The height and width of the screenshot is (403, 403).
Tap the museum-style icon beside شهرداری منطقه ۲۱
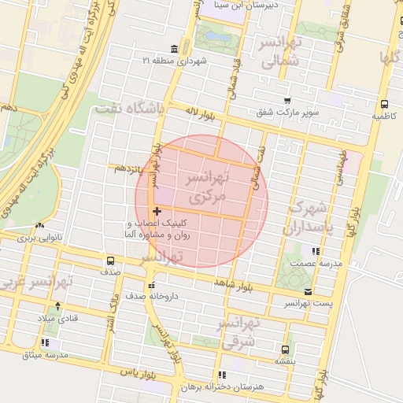[173, 49]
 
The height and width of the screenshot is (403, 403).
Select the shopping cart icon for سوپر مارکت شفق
[287, 101]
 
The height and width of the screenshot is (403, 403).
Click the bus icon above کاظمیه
[384, 104]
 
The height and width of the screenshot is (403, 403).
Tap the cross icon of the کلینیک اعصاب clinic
[157, 211]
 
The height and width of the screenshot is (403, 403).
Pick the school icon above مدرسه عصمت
[316, 251]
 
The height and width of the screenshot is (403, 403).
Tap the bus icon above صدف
[109, 260]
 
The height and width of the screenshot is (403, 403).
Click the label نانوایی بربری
[39, 237]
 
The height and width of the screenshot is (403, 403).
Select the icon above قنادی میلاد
[57, 305]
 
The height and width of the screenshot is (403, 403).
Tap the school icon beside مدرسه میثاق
[45, 343]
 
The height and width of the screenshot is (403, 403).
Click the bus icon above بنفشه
[285, 349]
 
